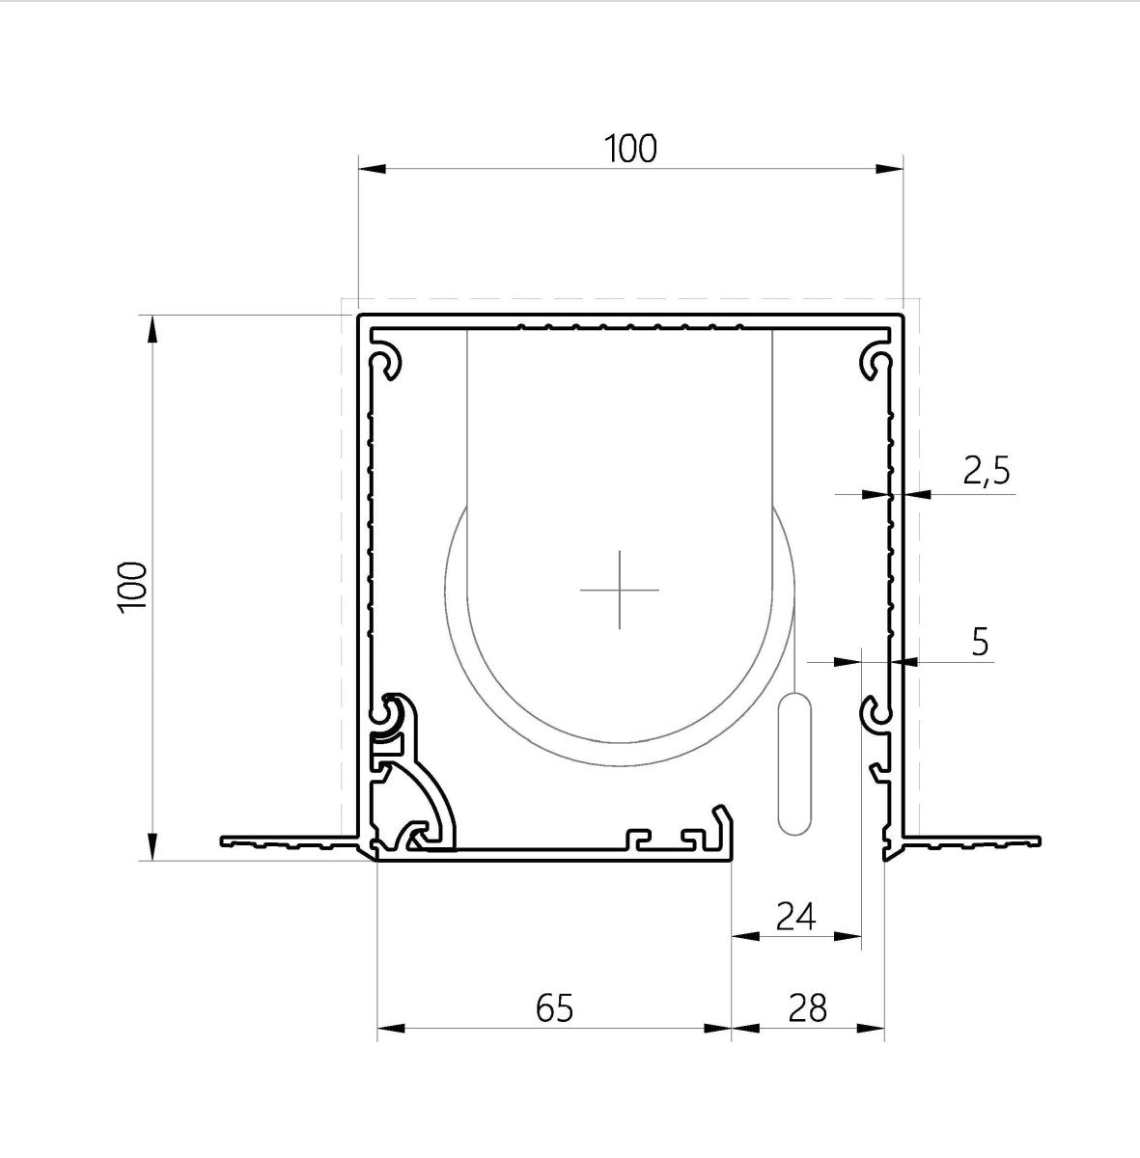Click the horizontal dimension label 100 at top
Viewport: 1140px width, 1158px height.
pyautogui.click(x=630, y=149)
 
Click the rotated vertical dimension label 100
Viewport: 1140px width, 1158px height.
pyautogui.click(x=131, y=586)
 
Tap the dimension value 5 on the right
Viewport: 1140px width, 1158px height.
pyautogui.click(x=980, y=641)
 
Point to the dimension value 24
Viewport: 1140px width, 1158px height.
pyautogui.click(x=796, y=916)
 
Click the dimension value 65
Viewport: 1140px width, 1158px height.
pyautogui.click(x=554, y=1007)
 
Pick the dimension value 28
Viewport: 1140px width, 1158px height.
pyautogui.click(x=807, y=1007)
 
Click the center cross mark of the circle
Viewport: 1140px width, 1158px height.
pyautogui.click(x=620, y=589)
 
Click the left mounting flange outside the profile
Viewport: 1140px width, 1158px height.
pyautogui.click(x=285, y=841)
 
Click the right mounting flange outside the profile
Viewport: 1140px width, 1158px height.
pyautogui.click(x=975, y=841)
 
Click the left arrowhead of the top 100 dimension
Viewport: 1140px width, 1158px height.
pyautogui.click(x=372, y=169)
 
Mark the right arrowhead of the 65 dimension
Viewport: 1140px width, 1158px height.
pyautogui.click(x=718, y=1029)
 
